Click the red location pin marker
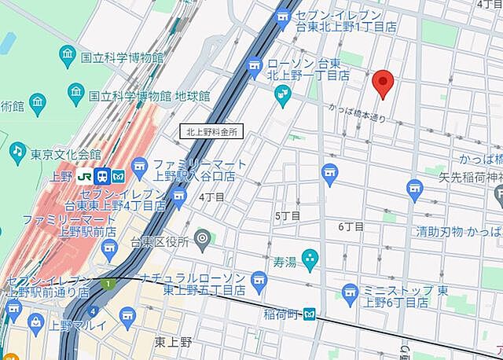tap(382, 83)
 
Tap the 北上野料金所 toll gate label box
tap(211, 132)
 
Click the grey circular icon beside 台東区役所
tap(203, 237)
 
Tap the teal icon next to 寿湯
tap(310, 257)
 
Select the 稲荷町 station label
tap(284, 314)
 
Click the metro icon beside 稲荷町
tap(311, 314)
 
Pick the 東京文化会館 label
tap(67, 154)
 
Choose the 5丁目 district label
tap(288, 215)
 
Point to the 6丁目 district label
tap(351, 226)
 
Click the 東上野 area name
tap(173, 341)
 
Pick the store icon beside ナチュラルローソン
tap(258, 279)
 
